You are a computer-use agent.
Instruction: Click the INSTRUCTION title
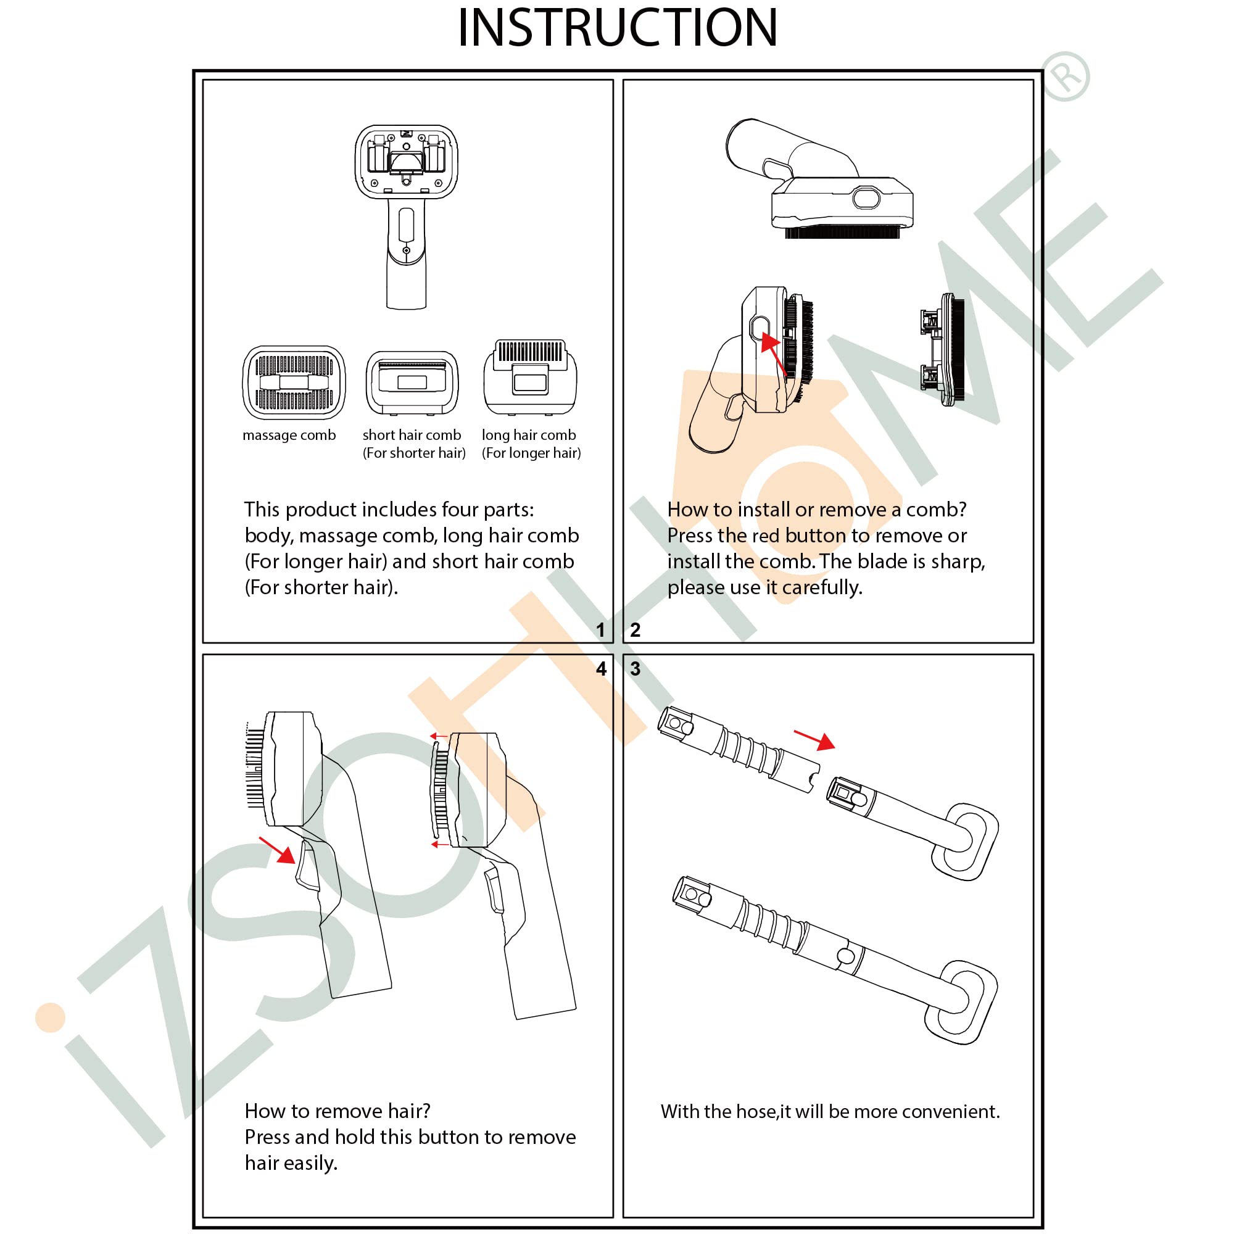coord(617,28)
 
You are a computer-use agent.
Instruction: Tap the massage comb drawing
coord(294,382)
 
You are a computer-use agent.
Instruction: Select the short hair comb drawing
coord(412,382)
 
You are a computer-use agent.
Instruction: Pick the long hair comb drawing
coord(530,377)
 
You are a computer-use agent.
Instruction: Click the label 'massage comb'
coord(289,435)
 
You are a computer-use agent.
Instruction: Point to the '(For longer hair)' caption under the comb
coord(531,453)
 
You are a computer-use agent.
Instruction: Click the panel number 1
coord(600,630)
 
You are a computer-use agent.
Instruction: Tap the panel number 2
coord(635,630)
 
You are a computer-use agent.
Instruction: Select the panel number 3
coord(635,669)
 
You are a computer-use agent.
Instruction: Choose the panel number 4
coord(601,669)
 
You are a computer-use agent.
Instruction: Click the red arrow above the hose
coord(815,739)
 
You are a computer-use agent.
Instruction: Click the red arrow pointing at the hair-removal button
coord(278,850)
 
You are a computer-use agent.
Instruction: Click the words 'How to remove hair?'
coord(337,1111)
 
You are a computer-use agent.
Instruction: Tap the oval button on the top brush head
coord(866,198)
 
